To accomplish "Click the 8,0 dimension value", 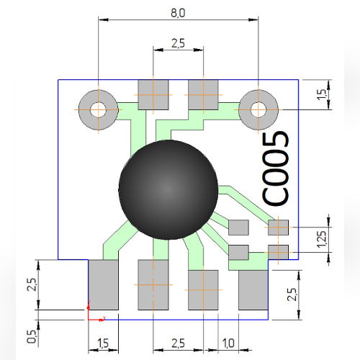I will pos(177,13).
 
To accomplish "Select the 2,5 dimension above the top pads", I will pos(178,43).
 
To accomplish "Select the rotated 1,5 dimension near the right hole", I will pos(322,92).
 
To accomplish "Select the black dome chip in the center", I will pos(168,189).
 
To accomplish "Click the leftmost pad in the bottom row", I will pos(103,284).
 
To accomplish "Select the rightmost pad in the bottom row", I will pos(253,289).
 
